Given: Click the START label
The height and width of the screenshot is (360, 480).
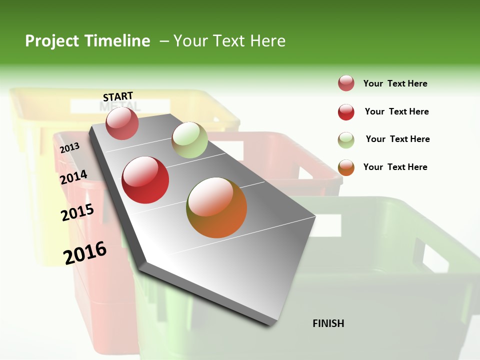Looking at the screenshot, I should pyautogui.click(x=118, y=96).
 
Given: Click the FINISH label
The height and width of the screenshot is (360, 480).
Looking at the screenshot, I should pyautogui.click(x=328, y=323).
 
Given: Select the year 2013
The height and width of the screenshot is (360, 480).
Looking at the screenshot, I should pyautogui.click(x=69, y=147).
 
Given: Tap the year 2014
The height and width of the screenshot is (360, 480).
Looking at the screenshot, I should pyautogui.click(x=73, y=177).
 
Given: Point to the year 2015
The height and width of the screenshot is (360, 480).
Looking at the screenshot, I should pyautogui.click(x=77, y=212).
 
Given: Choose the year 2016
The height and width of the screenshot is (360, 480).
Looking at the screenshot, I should pyautogui.click(x=85, y=252).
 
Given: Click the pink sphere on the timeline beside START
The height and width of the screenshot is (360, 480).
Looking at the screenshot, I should pyautogui.click(x=122, y=123).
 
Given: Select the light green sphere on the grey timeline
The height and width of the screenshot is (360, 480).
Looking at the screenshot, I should pyautogui.click(x=189, y=140).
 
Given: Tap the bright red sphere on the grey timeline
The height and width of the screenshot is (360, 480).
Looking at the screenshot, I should pyautogui.click(x=145, y=180).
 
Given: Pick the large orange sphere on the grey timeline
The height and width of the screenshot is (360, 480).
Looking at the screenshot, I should pyautogui.click(x=216, y=207).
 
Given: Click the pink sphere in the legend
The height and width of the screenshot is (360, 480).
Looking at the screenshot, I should pyautogui.click(x=346, y=83).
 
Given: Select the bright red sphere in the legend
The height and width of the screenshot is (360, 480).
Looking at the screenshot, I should pyautogui.click(x=346, y=112).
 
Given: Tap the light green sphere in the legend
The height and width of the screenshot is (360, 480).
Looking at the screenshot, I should pyautogui.click(x=346, y=140).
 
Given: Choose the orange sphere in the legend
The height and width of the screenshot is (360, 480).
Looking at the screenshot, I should pyautogui.click(x=346, y=167).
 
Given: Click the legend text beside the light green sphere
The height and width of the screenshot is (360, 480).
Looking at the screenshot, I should pyautogui.click(x=397, y=139).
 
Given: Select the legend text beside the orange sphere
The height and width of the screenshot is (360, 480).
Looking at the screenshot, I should pyautogui.click(x=395, y=167).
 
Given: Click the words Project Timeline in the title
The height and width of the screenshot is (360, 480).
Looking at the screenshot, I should pyautogui.click(x=87, y=41).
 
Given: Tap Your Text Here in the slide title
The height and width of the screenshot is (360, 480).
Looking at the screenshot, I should pyautogui.click(x=229, y=41).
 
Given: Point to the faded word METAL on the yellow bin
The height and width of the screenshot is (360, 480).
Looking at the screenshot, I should pyautogui.click(x=120, y=106).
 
